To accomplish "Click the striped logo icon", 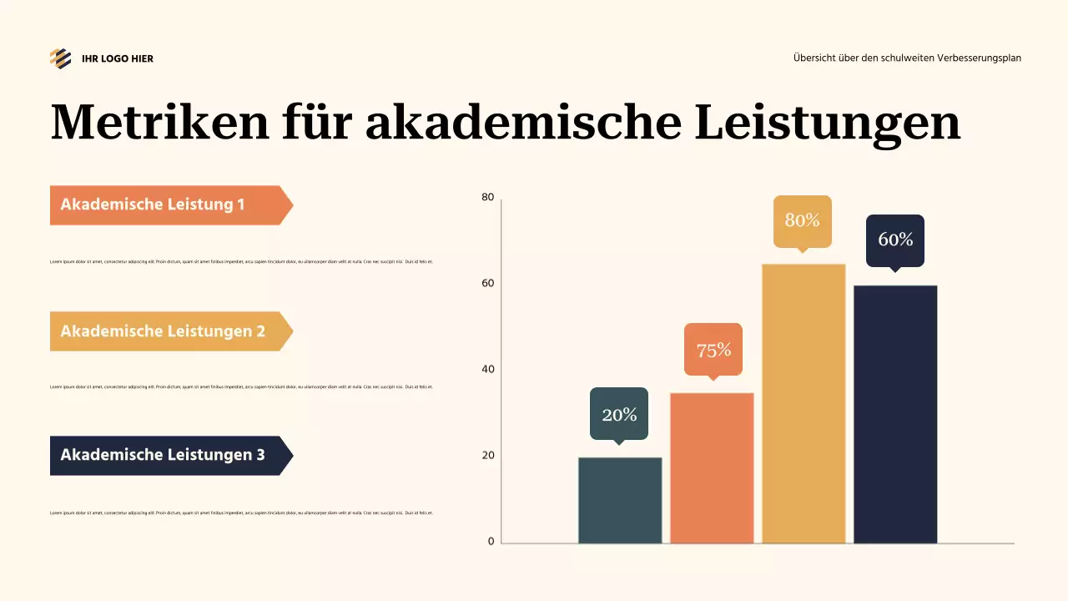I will click(x=60, y=58).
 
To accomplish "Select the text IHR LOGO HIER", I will click(x=118, y=58).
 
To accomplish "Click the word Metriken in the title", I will click(x=160, y=122).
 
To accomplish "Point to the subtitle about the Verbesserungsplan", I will click(x=907, y=58).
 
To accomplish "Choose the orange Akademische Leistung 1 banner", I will click(x=167, y=205).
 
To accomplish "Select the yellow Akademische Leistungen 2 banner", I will click(x=167, y=331).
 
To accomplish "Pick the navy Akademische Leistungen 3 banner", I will click(x=167, y=456).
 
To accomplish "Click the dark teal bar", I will click(x=620, y=500).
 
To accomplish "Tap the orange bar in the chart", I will click(x=712, y=467).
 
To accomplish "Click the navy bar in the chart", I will click(x=895, y=414).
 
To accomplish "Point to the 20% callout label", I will click(x=619, y=414).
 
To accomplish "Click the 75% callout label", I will click(x=713, y=350).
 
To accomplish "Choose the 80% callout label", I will click(x=803, y=221).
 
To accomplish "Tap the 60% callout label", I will click(x=895, y=240).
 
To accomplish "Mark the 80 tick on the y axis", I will click(x=488, y=198).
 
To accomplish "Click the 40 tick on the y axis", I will click(x=488, y=369).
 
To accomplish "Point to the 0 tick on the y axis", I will click(x=491, y=542).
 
